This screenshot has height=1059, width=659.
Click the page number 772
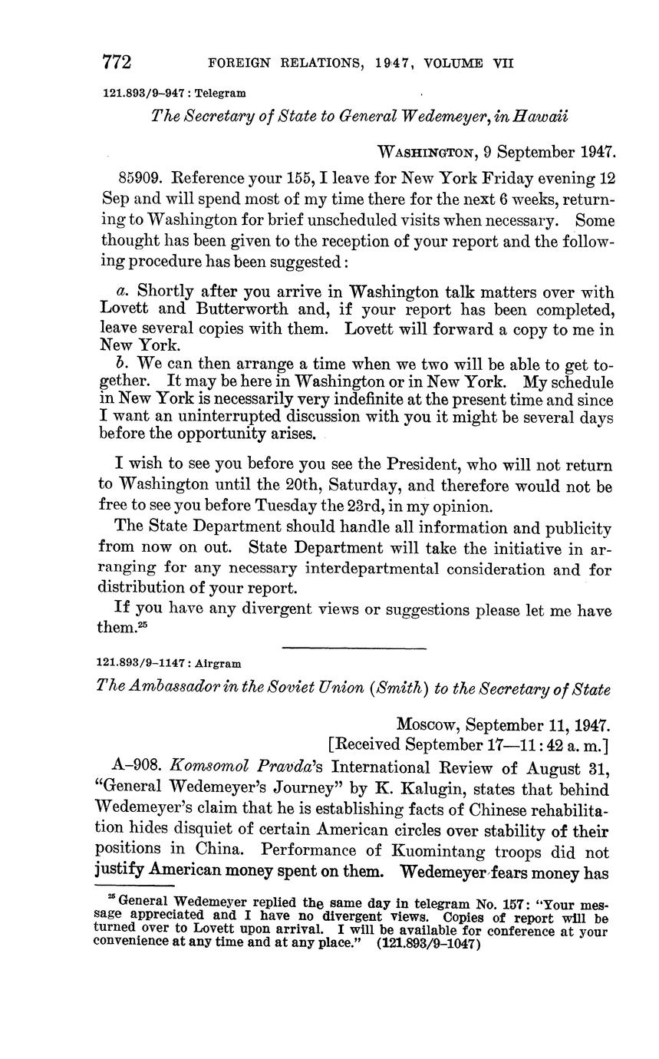pyautogui.click(x=117, y=62)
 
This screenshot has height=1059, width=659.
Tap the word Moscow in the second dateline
pyautogui.click(x=427, y=725)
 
